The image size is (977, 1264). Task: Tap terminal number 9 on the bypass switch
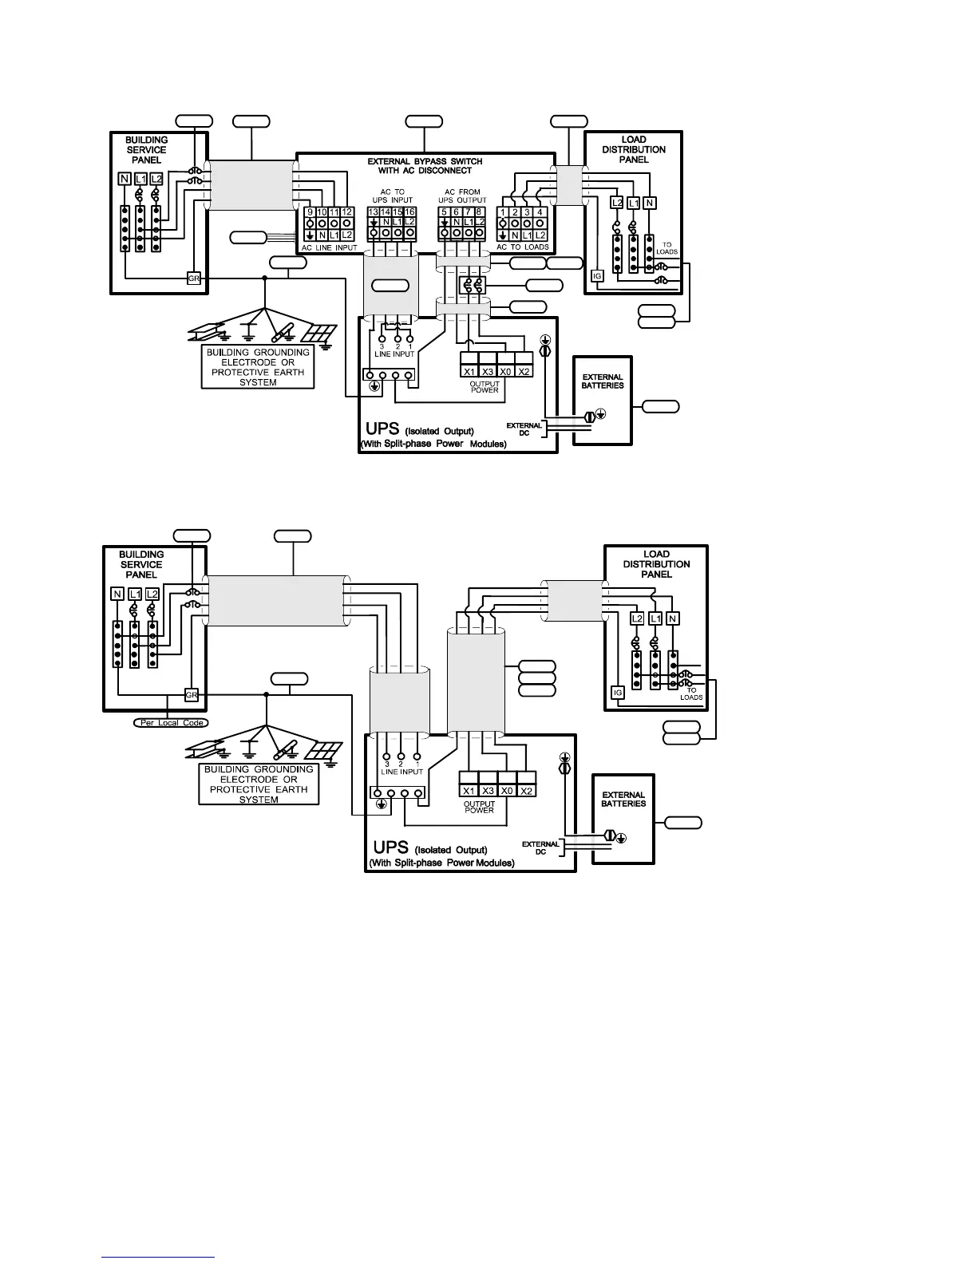coord(311,212)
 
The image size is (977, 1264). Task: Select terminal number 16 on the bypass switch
coord(410,211)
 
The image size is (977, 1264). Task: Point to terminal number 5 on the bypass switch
coord(444,211)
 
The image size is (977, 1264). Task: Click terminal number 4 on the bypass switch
coord(540,212)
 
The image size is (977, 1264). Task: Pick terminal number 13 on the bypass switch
coord(373,211)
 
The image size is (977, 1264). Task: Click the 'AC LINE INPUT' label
coord(328,247)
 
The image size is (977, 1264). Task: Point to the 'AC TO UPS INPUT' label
coord(392,196)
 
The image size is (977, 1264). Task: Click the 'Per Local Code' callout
coord(170,722)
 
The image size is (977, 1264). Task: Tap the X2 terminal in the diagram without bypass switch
coord(526,791)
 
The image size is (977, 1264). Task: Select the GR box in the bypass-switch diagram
coord(193,278)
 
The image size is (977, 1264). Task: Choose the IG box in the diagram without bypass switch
coord(617,693)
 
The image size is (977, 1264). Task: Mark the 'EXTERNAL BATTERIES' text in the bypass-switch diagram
coord(603,381)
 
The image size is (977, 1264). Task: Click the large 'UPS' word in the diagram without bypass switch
coord(391,847)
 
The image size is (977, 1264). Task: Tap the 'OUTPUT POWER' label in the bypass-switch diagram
coord(485,387)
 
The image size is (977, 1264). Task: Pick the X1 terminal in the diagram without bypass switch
coord(469,791)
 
